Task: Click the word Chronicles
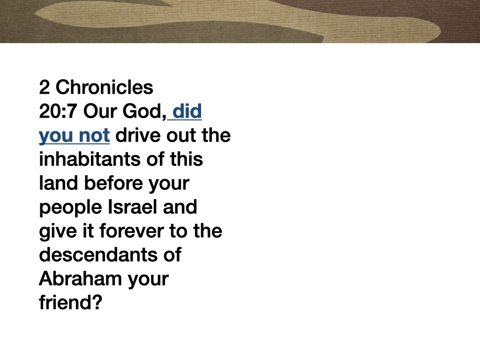105,87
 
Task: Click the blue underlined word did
187,112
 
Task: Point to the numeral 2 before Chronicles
44,87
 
